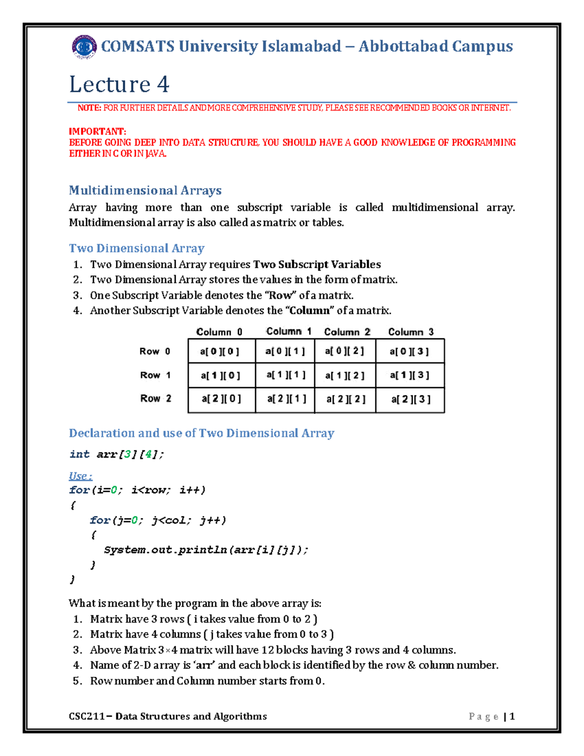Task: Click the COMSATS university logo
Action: coord(84,47)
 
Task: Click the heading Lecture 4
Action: coord(119,84)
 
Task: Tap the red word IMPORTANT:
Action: coord(97,131)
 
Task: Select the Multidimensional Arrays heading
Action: coord(145,190)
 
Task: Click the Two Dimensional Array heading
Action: coord(136,248)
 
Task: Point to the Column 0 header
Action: coord(219,332)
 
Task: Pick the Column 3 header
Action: coord(411,332)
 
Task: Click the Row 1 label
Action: coord(155,375)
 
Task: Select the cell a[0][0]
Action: coord(220,351)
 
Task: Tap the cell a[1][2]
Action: coord(345,375)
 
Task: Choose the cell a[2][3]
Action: coord(411,399)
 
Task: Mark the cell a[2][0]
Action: coord(221,399)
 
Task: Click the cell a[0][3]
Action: coord(409,351)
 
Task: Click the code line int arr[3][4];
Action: coord(117,455)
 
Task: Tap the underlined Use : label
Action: coord(80,476)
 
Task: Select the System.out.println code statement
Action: coord(206,550)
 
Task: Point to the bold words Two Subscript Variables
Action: coord(317,265)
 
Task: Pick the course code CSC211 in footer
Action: coord(86,716)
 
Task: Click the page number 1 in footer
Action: coord(512,716)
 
